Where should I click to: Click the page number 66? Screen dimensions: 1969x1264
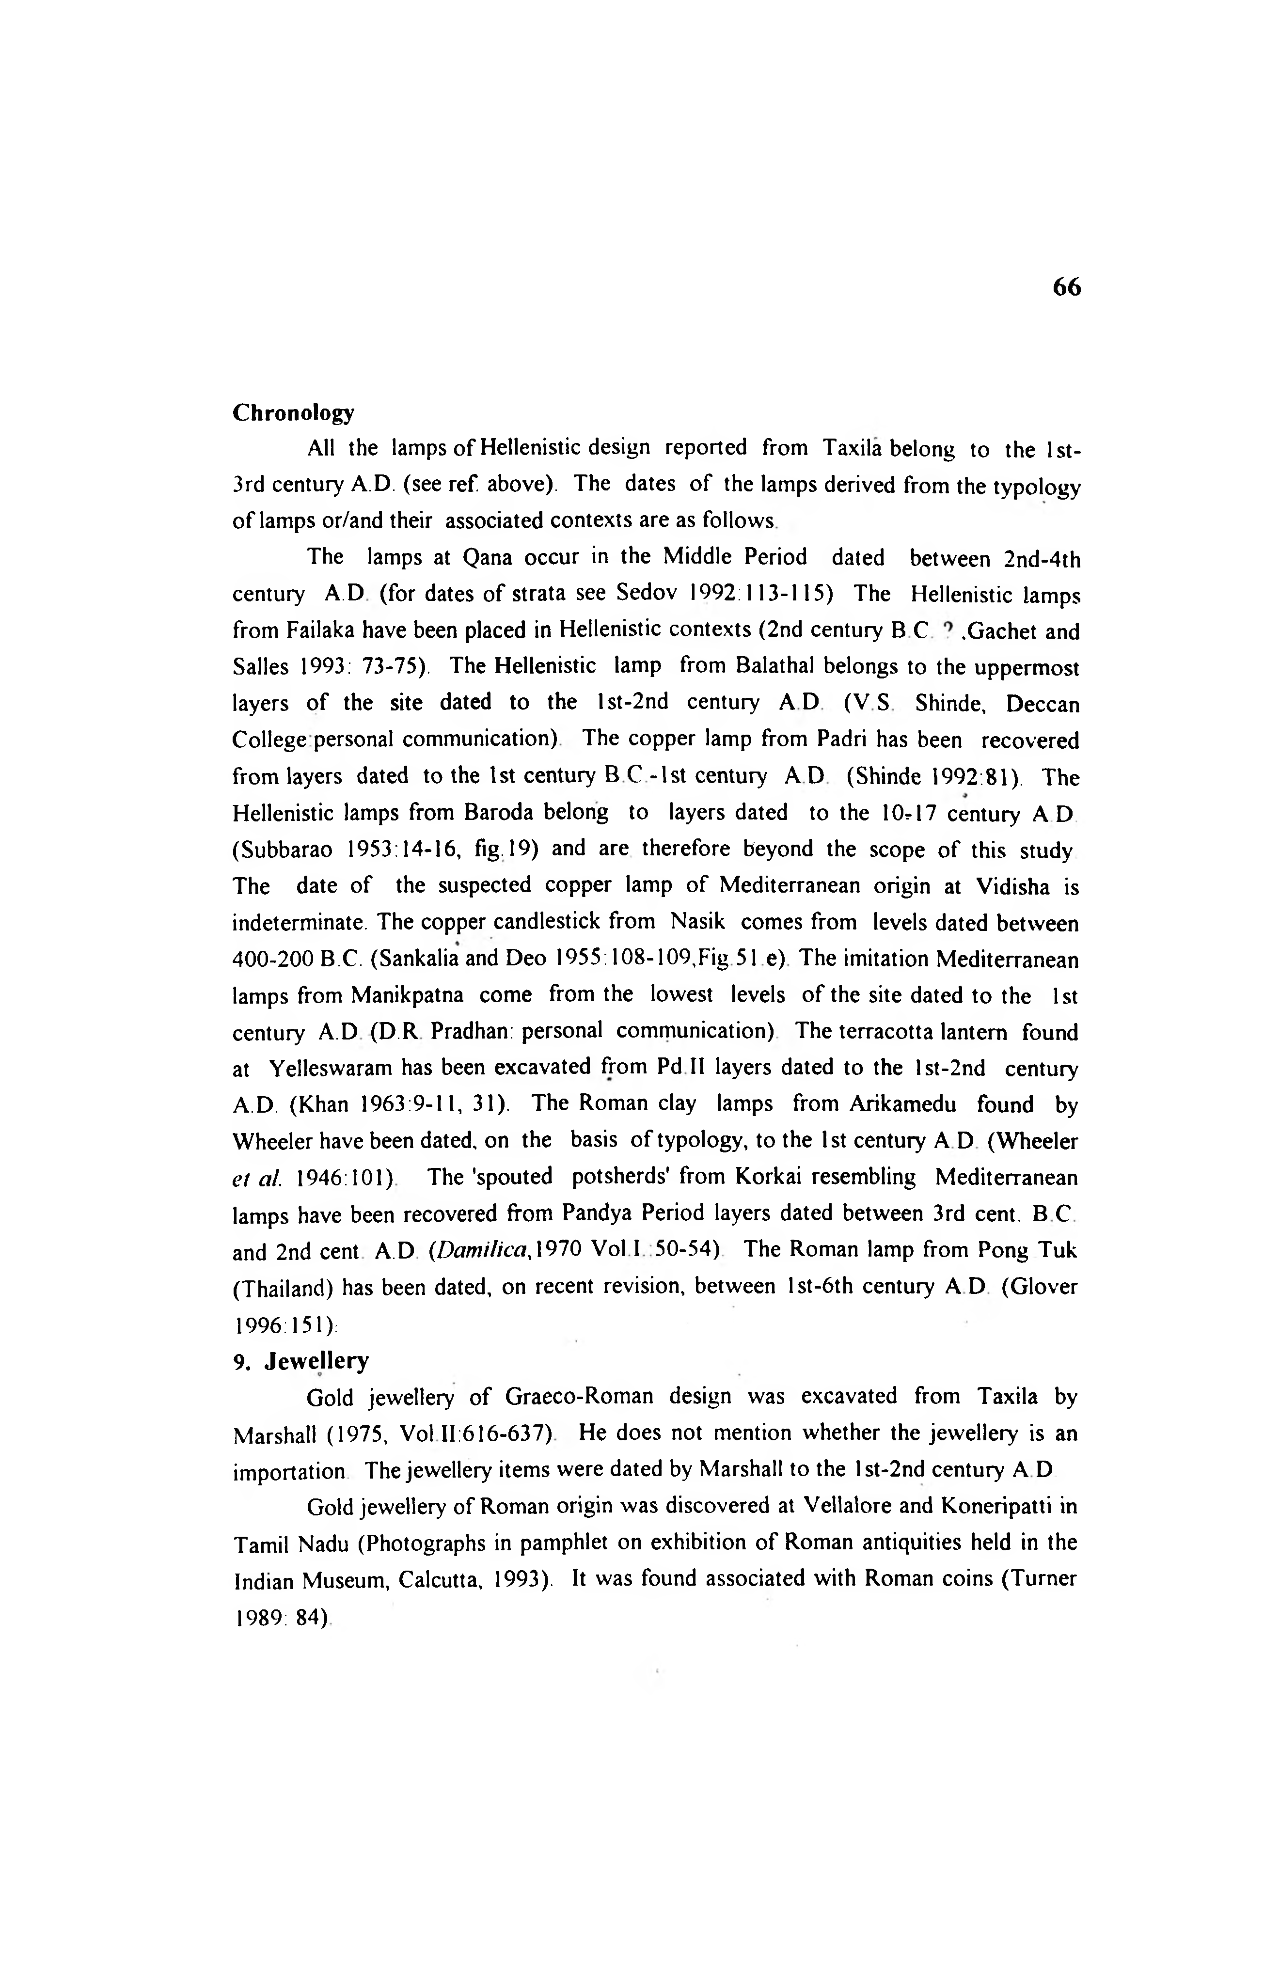tap(1066, 287)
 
